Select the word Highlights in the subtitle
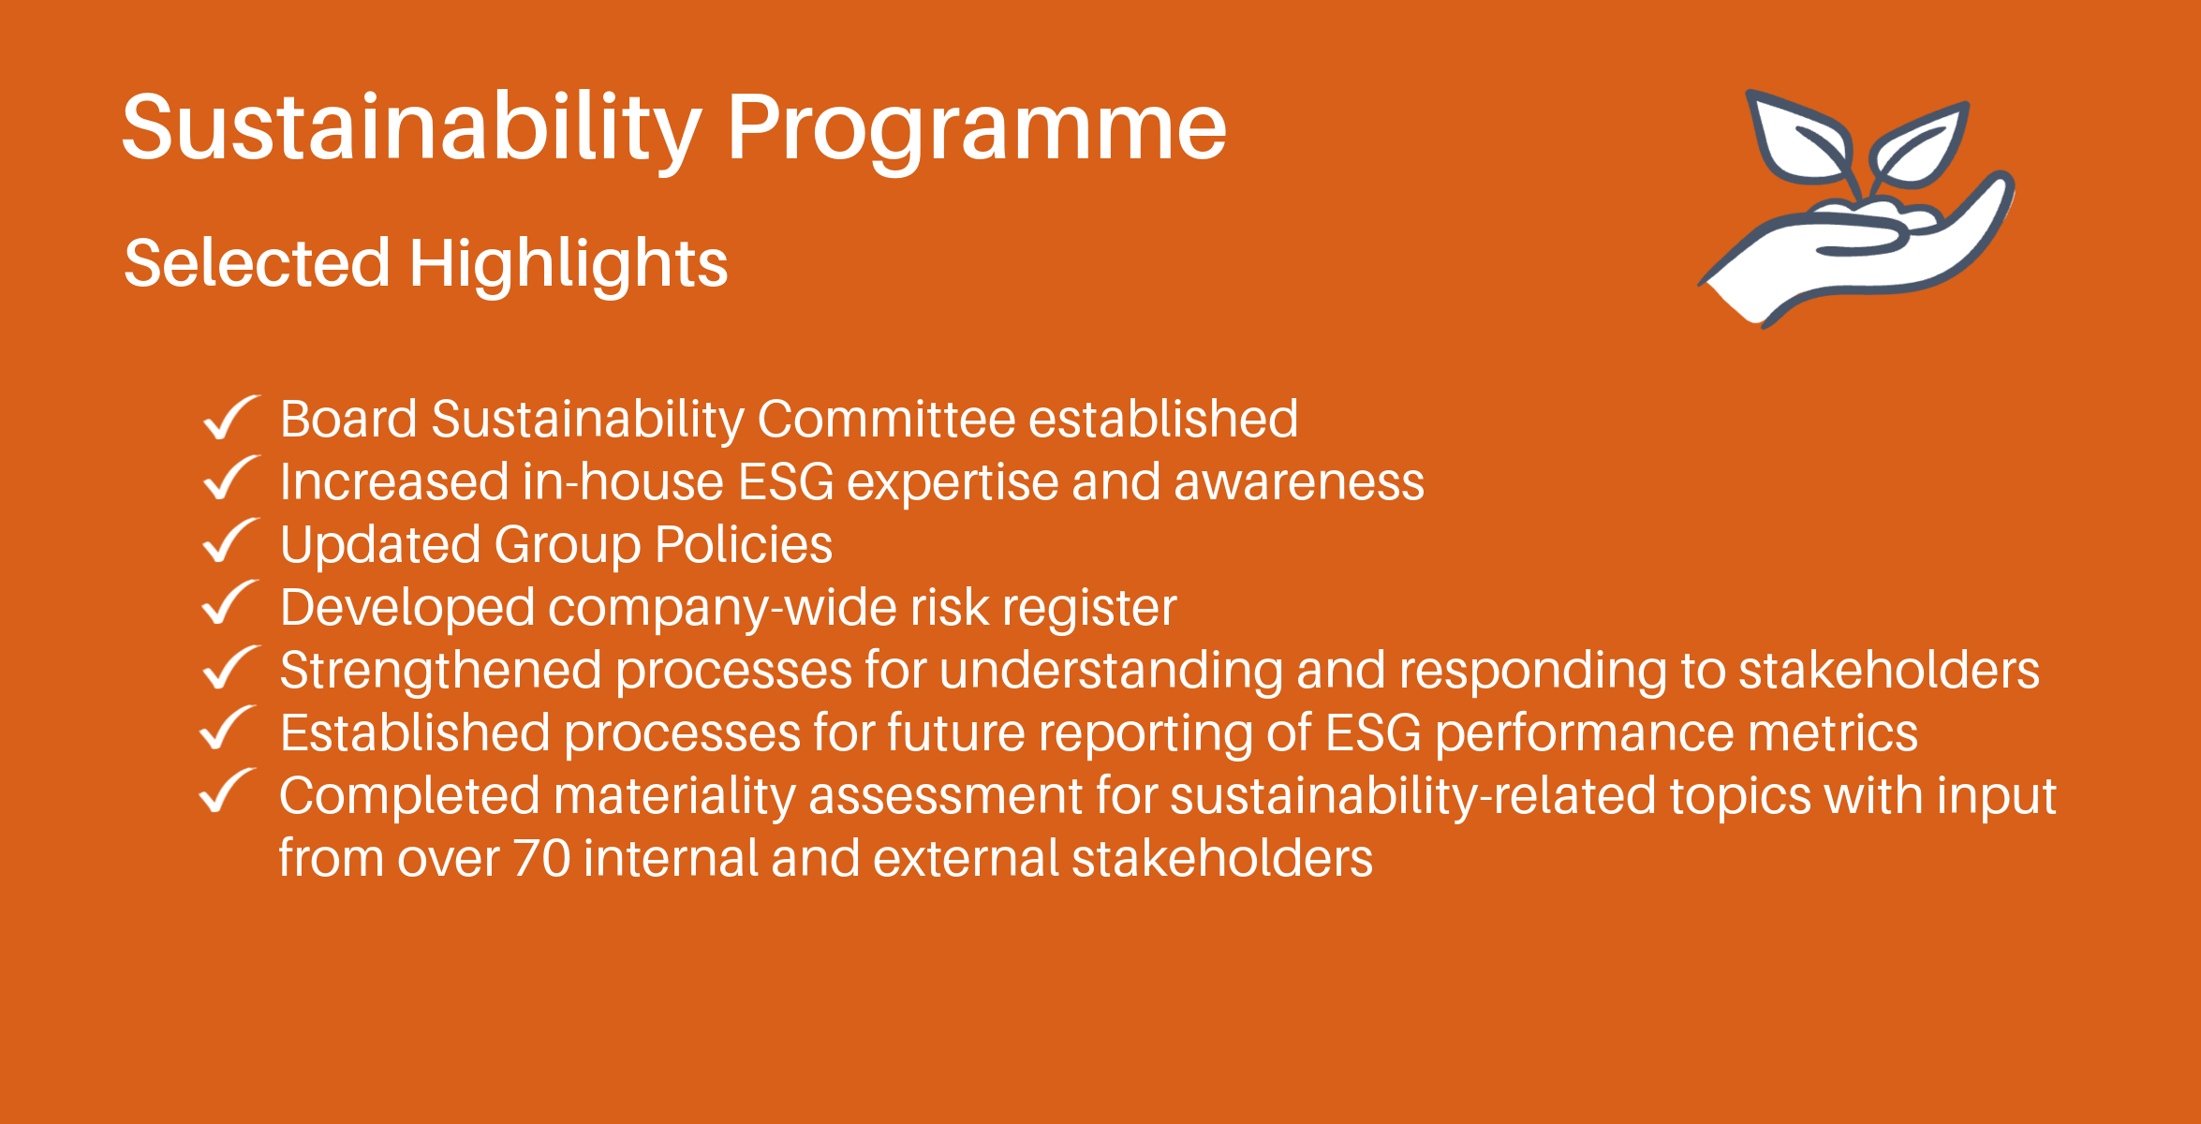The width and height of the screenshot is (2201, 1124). coord(569,263)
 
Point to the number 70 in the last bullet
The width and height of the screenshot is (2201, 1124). coord(542,859)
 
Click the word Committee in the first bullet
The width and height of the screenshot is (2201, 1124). coord(886,419)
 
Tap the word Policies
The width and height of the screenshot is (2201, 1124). coord(744,545)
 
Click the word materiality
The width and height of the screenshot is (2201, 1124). coord(674,798)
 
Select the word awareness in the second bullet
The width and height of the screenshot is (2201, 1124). coord(1299,482)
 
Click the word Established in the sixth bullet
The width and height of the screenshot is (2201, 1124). coord(415,732)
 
